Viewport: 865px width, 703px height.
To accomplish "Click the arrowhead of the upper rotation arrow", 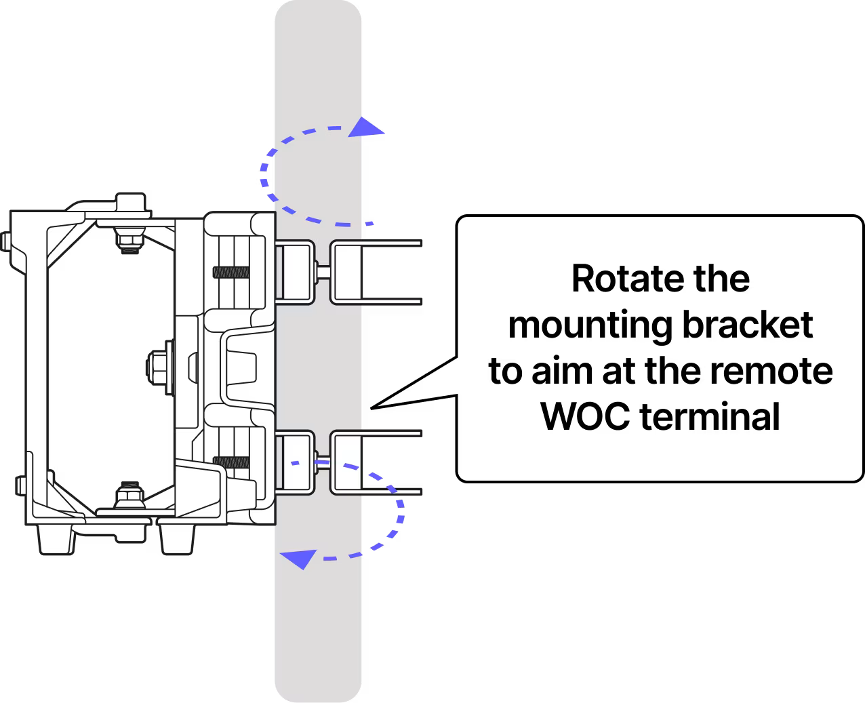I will pos(369,126).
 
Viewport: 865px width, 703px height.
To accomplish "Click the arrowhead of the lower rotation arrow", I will pos(298,558).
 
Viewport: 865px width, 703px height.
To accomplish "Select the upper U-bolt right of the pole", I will pos(376,271).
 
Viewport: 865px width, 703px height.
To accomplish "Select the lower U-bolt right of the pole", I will pos(376,461).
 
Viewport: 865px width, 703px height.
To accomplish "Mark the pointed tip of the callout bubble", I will pos(380,405).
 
